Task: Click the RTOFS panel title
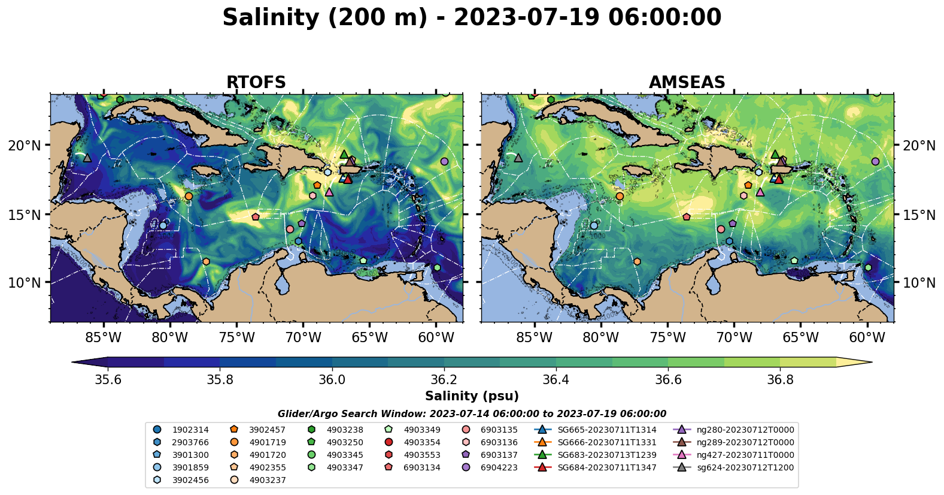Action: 256,83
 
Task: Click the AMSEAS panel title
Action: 687,83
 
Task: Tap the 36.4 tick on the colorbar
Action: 556,379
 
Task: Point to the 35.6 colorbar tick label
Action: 108,379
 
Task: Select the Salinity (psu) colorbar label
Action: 472,396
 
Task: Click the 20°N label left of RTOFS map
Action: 25,146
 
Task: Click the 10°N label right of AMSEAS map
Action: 919,283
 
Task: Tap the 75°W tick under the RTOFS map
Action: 236,337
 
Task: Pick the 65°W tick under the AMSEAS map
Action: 800,337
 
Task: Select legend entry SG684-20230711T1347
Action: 606,467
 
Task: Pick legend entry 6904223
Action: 499,467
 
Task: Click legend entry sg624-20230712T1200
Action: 745,467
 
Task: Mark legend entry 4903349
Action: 421,430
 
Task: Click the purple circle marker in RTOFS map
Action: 444,162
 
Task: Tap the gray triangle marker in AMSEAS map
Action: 518,158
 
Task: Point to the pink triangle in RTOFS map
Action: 329,192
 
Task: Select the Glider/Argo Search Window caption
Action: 472,413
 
